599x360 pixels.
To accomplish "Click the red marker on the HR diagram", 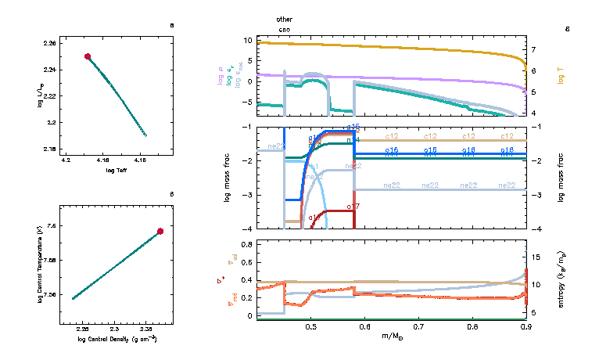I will coord(88,56).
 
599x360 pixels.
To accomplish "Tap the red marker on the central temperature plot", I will coord(160,231).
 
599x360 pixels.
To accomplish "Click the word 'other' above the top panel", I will coord(285,18).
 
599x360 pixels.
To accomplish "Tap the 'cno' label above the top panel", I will coord(285,29).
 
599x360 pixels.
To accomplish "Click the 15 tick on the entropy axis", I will coord(533,255).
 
